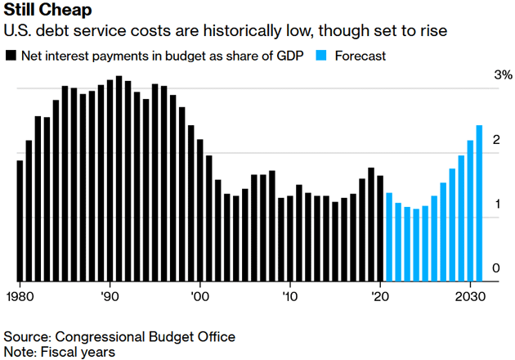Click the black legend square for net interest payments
pos(11,56)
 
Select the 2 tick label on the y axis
pos(495,141)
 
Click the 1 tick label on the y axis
pos(495,205)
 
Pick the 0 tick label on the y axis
pos(495,268)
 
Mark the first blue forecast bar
pos(389,236)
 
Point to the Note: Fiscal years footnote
pos(60,352)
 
